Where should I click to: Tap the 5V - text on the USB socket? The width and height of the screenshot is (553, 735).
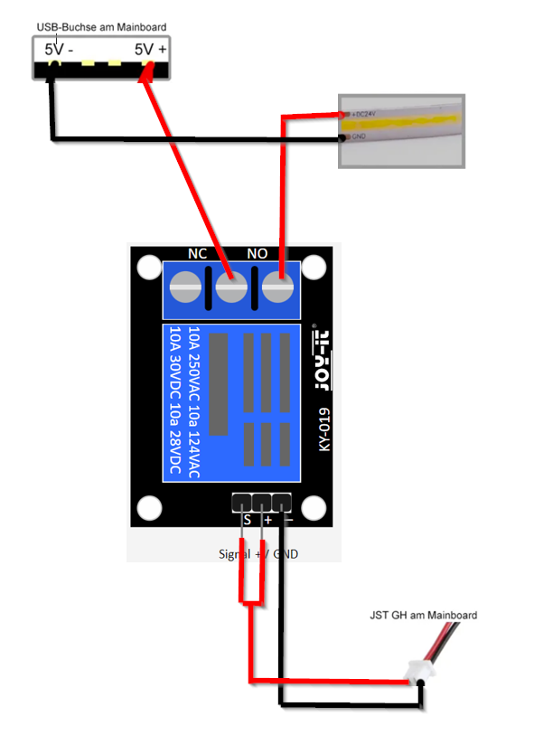pyautogui.click(x=59, y=50)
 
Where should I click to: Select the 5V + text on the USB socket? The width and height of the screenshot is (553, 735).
pyautogui.click(x=150, y=50)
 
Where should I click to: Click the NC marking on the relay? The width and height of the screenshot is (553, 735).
pyautogui.click(x=197, y=254)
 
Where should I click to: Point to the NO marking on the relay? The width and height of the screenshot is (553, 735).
pyautogui.click(x=258, y=254)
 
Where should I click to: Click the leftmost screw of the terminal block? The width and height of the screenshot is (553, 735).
pyautogui.click(x=186, y=289)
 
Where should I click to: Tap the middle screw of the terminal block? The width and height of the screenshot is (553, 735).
pyautogui.click(x=232, y=289)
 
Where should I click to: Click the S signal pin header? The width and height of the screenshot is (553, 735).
pyautogui.click(x=242, y=501)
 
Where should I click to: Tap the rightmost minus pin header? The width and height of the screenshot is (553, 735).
pyautogui.click(x=283, y=501)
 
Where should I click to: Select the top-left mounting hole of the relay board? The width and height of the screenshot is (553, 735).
pyautogui.click(x=147, y=268)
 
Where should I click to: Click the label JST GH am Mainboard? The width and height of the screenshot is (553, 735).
pyautogui.click(x=422, y=615)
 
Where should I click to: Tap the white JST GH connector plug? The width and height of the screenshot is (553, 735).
pyautogui.click(x=418, y=672)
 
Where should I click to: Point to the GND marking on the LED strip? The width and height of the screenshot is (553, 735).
pyautogui.click(x=356, y=137)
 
